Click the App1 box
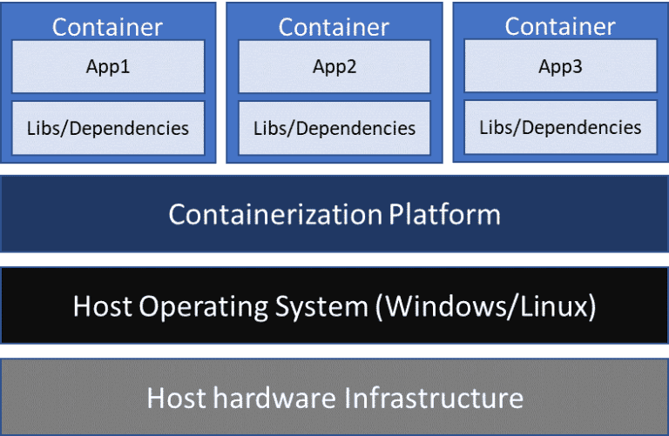tap(108, 66)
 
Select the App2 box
tap(334, 66)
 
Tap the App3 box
tap(560, 66)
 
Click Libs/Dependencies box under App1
tap(108, 128)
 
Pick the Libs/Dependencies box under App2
tap(334, 128)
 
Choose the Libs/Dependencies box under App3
tap(560, 127)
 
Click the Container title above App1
tap(107, 26)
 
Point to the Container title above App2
tap(334, 26)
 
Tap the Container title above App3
tap(560, 25)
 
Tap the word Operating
tap(199, 307)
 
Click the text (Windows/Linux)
tap(490, 306)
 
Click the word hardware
tap(274, 398)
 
